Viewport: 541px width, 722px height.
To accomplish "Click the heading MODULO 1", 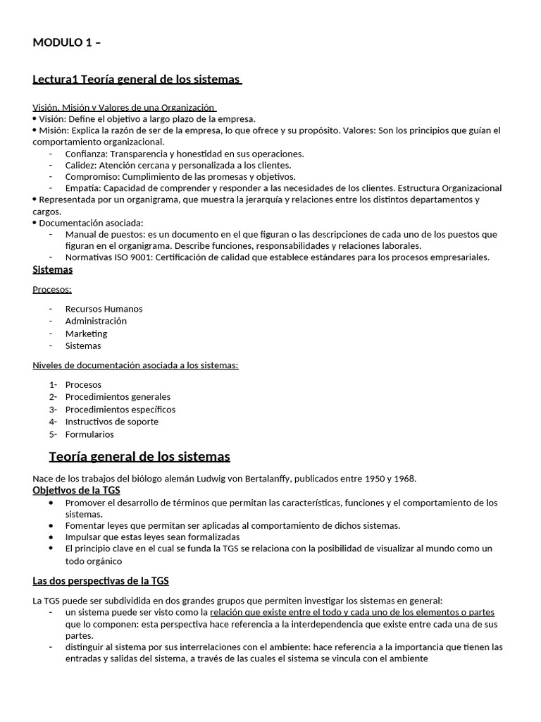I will pyautogui.click(x=66, y=42).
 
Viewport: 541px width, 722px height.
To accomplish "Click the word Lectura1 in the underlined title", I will pyautogui.click(x=55, y=79).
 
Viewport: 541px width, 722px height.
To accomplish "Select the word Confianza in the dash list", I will pyautogui.click(x=86, y=154).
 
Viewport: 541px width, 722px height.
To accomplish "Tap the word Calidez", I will pyautogui.click(x=81, y=165).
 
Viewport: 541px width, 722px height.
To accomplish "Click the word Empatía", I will pyautogui.click(x=82, y=188).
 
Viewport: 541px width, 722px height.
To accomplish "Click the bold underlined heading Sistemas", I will pyautogui.click(x=53, y=269).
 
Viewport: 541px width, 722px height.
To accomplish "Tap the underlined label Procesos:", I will pyautogui.click(x=52, y=289).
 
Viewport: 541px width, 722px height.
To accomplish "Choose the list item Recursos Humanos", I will pyautogui.click(x=104, y=309).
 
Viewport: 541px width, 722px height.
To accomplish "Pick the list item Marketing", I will pyautogui.click(x=86, y=334).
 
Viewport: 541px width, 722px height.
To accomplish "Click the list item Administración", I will pyautogui.click(x=96, y=321).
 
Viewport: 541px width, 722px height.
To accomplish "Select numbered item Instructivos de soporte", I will pyautogui.click(x=112, y=422).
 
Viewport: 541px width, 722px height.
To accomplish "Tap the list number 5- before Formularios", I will pyautogui.click(x=52, y=434).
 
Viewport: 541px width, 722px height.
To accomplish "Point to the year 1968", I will pyautogui.click(x=404, y=479).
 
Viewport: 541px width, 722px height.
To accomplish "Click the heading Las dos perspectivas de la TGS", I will pyautogui.click(x=101, y=581).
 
